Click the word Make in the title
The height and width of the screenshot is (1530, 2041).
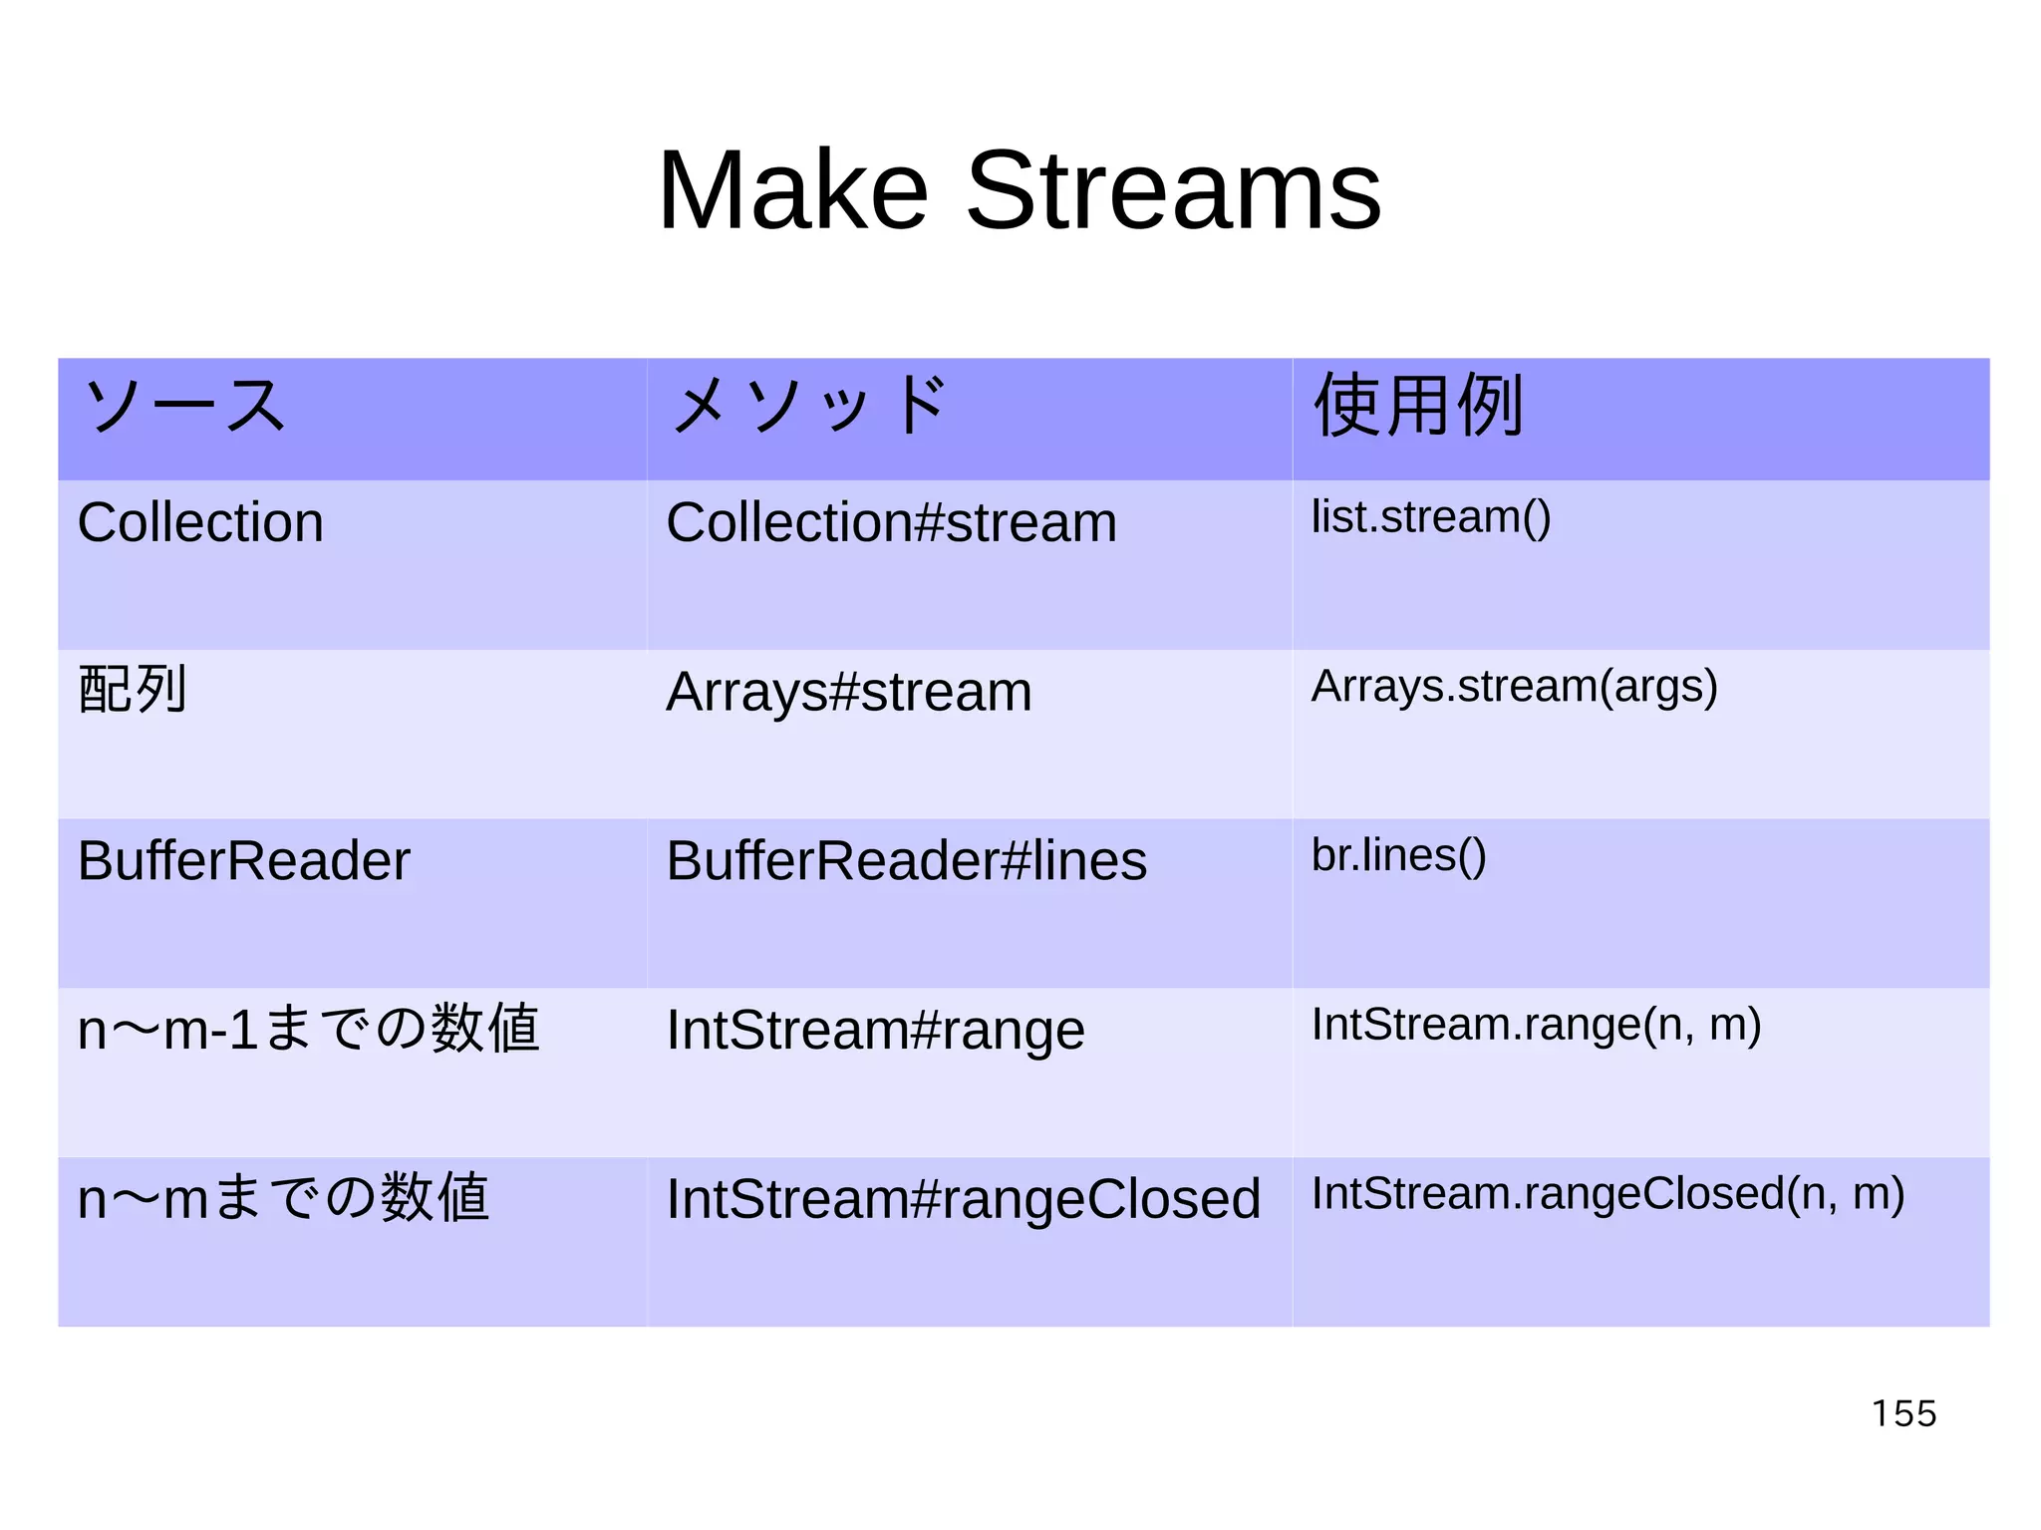(792, 190)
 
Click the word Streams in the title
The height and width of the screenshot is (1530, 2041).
(1173, 190)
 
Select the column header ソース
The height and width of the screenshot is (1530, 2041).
(185, 406)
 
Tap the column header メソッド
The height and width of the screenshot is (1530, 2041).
(807, 406)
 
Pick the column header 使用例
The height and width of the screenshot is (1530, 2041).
(1418, 406)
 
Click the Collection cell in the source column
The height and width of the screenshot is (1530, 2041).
(200, 522)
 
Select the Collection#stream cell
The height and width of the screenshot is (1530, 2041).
(891, 522)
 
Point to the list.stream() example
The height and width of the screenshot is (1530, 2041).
(1430, 517)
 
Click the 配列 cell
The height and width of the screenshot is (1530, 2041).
(133, 690)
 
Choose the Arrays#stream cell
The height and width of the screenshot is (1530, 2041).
(848, 692)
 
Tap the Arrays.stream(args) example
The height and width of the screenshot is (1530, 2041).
(1514, 687)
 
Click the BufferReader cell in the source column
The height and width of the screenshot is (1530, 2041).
(243, 860)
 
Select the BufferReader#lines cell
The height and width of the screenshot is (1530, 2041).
(906, 860)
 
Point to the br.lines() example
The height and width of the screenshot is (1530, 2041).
(1398, 855)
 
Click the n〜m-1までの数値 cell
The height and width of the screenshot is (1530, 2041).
(308, 1029)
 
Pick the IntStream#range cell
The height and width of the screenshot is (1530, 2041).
(875, 1030)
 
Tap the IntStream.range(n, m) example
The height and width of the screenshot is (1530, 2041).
(1536, 1025)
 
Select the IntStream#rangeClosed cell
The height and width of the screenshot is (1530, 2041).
(963, 1198)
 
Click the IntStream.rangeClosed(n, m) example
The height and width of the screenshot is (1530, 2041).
(1607, 1194)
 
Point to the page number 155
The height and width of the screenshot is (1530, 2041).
(1903, 1413)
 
